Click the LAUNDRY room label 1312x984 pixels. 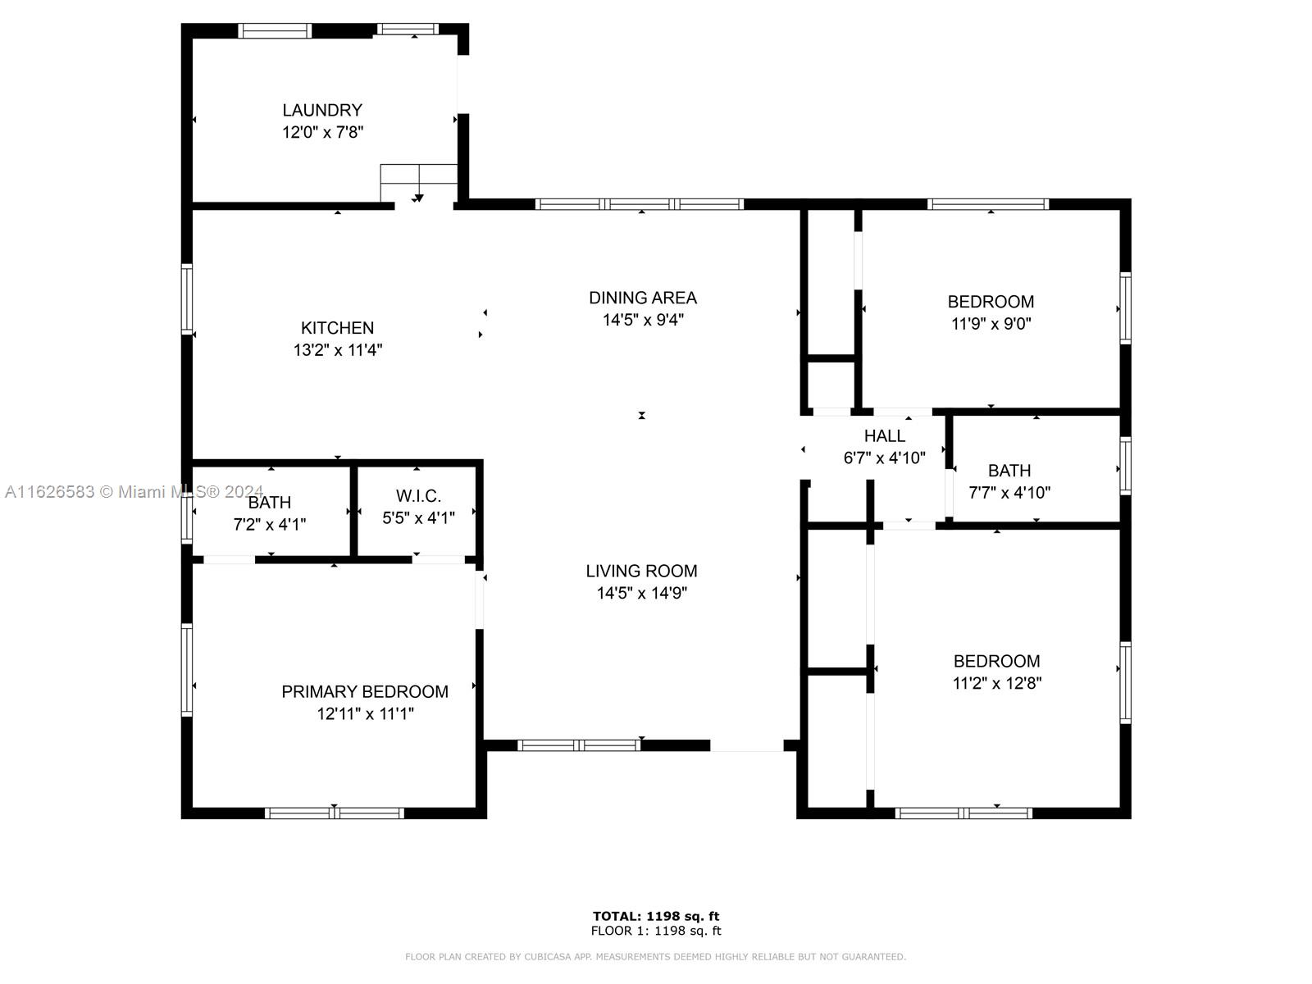[x=322, y=111]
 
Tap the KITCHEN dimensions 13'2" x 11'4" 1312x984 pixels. [x=338, y=350]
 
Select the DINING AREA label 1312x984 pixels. [x=643, y=298]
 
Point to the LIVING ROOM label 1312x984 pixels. [x=641, y=572]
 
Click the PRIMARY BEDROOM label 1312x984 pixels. [x=365, y=692]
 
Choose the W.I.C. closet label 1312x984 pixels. [x=418, y=496]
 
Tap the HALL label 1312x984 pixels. [x=885, y=436]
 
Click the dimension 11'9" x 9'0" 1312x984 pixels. [x=991, y=324]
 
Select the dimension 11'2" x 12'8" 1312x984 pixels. [x=997, y=683]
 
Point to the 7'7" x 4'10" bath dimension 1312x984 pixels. [x=1009, y=493]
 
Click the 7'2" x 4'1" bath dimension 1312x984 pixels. [x=270, y=525]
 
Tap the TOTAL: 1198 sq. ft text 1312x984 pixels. [x=656, y=916]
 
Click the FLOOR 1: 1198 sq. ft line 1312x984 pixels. [x=656, y=931]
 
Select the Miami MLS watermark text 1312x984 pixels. [x=134, y=492]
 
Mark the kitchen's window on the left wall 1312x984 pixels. [x=187, y=298]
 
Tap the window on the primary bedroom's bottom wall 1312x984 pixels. [x=334, y=813]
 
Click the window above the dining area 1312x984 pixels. [x=640, y=204]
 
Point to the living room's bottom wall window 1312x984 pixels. [x=579, y=745]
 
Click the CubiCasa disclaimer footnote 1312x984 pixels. [x=656, y=957]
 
